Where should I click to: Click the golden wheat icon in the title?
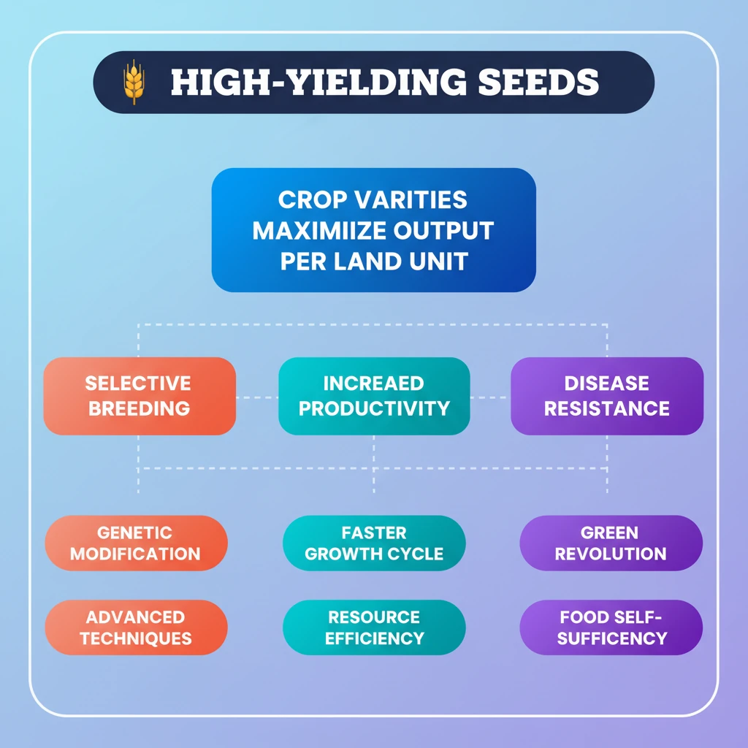pyautogui.click(x=134, y=83)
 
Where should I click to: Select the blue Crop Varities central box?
pyautogui.click(x=373, y=230)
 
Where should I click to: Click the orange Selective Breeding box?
pyautogui.click(x=140, y=396)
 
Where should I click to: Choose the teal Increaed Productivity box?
pyautogui.click(x=374, y=396)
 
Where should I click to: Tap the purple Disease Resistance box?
pyautogui.click(x=607, y=396)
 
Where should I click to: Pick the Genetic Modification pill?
pyautogui.click(x=136, y=543)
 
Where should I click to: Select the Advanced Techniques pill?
pyautogui.click(x=136, y=627)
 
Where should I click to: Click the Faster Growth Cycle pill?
pyautogui.click(x=374, y=543)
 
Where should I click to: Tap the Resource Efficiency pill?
pyautogui.click(x=374, y=627)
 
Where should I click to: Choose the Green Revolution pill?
pyautogui.click(x=611, y=543)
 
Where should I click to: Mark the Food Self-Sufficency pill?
pyautogui.click(x=611, y=627)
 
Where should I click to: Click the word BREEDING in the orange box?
pyautogui.click(x=139, y=408)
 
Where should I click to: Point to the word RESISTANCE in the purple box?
pyautogui.click(x=607, y=408)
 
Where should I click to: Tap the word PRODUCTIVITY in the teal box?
pyautogui.click(x=374, y=408)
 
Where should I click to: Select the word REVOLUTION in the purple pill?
pyautogui.click(x=611, y=554)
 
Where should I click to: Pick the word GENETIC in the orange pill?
pyautogui.click(x=134, y=533)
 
